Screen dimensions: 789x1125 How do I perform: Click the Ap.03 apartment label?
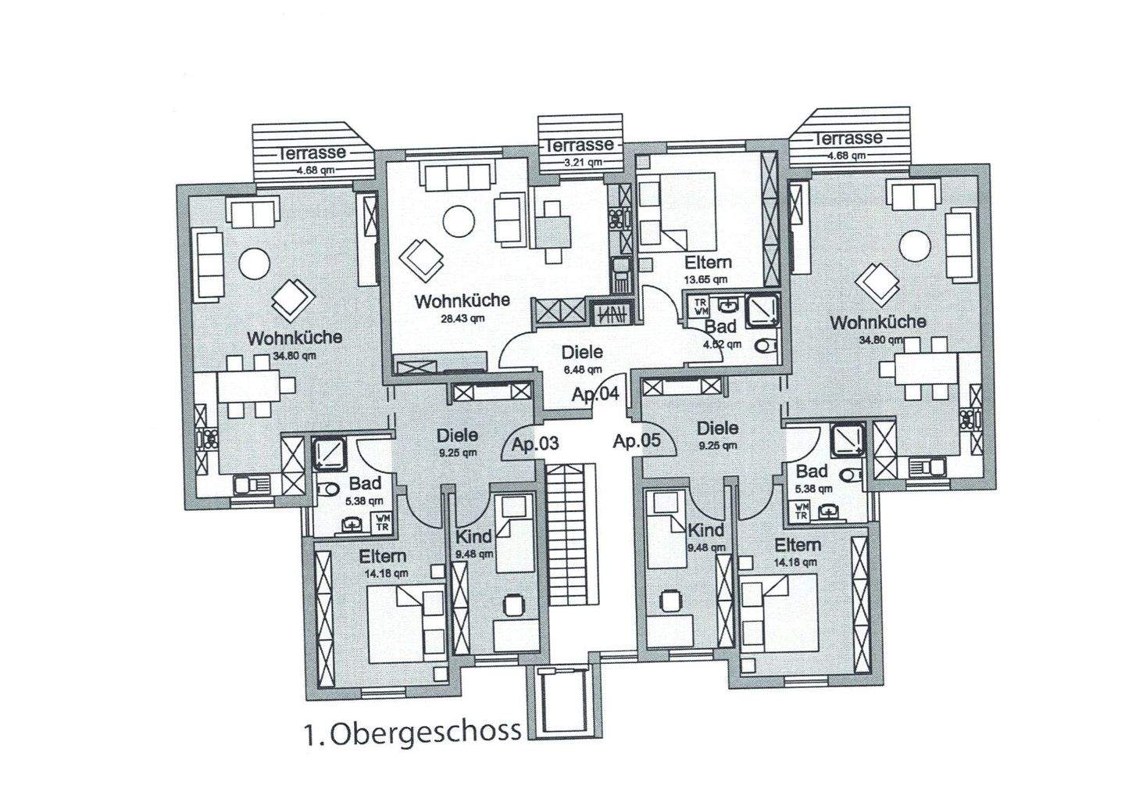[x=535, y=444]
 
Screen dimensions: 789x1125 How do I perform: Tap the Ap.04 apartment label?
[x=595, y=394]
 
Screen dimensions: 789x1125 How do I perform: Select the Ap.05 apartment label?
[x=636, y=441]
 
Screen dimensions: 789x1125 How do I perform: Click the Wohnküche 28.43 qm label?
[x=462, y=300]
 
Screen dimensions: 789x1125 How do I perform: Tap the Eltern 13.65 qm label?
[x=708, y=263]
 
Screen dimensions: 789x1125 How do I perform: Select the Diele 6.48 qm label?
[x=582, y=353]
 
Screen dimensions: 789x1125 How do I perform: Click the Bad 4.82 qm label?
[x=720, y=325]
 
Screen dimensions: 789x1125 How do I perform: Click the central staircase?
[x=572, y=532]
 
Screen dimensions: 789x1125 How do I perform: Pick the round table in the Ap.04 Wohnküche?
[x=459, y=221]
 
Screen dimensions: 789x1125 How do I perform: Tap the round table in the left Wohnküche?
[x=255, y=264]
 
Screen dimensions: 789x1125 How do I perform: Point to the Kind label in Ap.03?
[x=473, y=536]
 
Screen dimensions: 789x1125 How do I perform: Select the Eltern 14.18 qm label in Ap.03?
[x=382, y=558]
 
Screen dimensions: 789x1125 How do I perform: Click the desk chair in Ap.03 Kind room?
[x=513, y=604]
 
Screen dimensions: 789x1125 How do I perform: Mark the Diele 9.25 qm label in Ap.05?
[x=717, y=429]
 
